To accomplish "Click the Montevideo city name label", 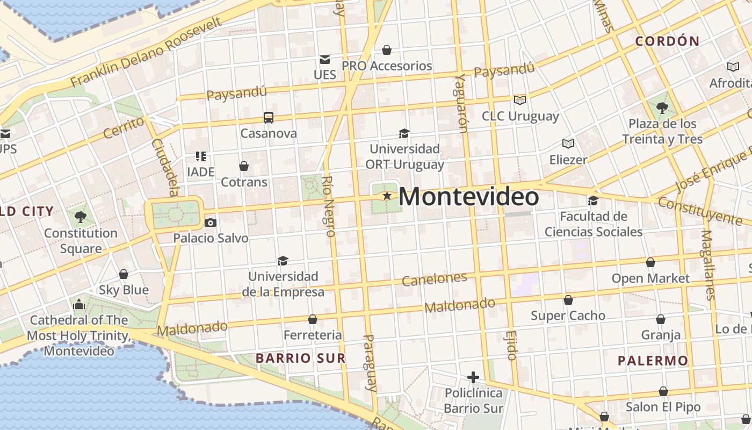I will pyautogui.click(x=468, y=197).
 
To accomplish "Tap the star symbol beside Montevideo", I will pyautogui.click(x=387, y=196).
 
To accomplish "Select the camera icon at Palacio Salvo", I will pyautogui.click(x=211, y=223).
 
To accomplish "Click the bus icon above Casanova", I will pyautogui.click(x=268, y=117).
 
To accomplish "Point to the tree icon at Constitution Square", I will pyautogui.click(x=81, y=217).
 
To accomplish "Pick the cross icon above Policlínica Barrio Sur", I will pyautogui.click(x=473, y=377).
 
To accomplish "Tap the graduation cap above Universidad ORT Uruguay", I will pyautogui.click(x=404, y=133).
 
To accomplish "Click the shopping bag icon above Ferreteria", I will pyautogui.click(x=313, y=320).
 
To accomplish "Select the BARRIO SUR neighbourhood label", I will pyautogui.click(x=300, y=358).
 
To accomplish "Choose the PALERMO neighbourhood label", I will pyautogui.click(x=653, y=361).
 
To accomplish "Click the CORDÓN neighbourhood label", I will pyautogui.click(x=667, y=41).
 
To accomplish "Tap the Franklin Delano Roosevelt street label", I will pyautogui.click(x=146, y=52).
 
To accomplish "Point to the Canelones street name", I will pyautogui.click(x=435, y=279).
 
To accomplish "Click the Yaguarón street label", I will pyautogui.click(x=461, y=103).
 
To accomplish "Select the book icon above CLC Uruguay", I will pyautogui.click(x=519, y=100).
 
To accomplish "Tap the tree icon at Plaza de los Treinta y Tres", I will pyautogui.click(x=662, y=108).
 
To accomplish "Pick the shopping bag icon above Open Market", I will pyautogui.click(x=650, y=263).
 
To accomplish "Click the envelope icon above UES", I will pyautogui.click(x=325, y=59).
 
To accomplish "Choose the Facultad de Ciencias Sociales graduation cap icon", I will pyautogui.click(x=593, y=201).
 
